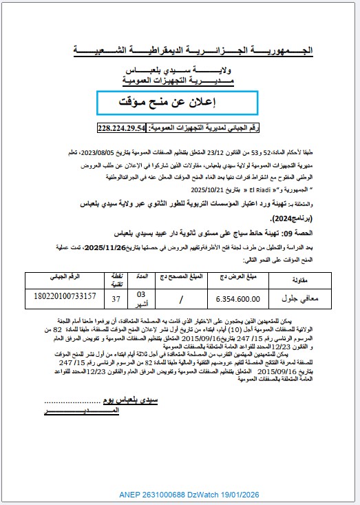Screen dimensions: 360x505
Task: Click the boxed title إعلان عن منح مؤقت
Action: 178,102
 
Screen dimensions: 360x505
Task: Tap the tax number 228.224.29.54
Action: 123,128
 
